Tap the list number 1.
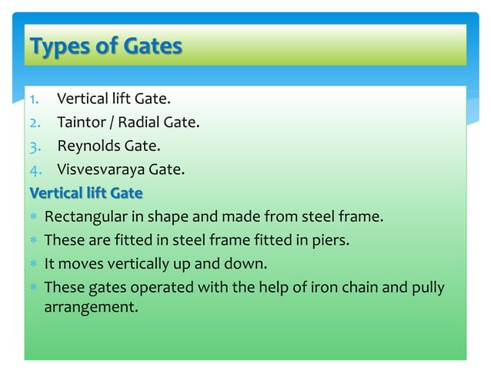point(35,99)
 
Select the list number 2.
point(35,122)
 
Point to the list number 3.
point(35,145)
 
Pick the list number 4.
point(35,168)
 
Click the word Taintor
point(82,122)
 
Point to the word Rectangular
point(85,216)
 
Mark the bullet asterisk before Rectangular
point(34,217)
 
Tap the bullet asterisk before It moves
point(34,264)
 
